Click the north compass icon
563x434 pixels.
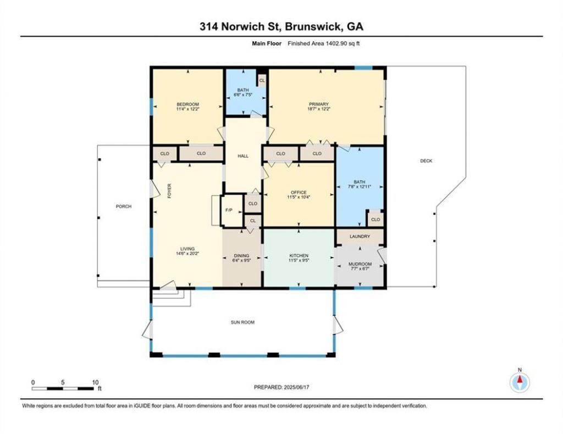520,382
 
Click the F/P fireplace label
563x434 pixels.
229,210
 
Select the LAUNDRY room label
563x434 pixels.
360,236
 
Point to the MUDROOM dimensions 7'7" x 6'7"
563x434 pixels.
360,269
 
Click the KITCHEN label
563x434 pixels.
299,256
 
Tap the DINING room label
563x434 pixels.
241,256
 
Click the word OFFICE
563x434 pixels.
299,192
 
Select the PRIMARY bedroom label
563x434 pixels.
319,104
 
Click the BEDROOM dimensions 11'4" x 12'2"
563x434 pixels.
188,109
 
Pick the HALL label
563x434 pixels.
243,156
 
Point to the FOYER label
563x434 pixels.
169,191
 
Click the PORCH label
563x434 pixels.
124,206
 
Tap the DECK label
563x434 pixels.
426,160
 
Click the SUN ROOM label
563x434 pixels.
242,322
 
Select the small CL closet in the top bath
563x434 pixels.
262,80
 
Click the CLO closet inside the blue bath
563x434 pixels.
376,220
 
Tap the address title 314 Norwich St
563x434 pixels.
242,26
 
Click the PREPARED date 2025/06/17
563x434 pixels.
296,387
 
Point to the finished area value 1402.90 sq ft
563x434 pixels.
343,43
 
